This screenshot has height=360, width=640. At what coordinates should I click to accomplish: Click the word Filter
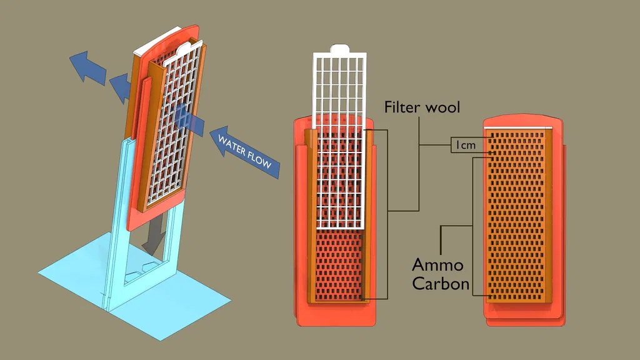coord(402,107)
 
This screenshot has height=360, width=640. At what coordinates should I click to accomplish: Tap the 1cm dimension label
coord(465,146)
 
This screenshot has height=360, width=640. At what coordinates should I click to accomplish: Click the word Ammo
coord(437,264)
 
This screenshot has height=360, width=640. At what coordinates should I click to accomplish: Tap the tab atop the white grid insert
coord(338,47)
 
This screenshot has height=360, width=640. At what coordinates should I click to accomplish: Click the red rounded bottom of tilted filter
coord(156,216)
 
